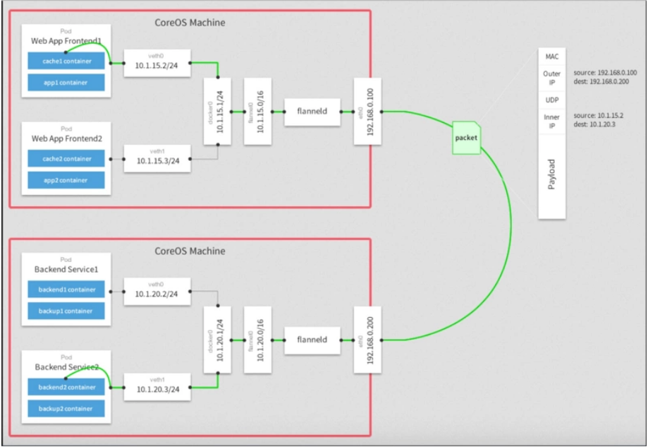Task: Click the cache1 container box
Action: coord(66,61)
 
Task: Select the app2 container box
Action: coord(66,180)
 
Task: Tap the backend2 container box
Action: coord(66,386)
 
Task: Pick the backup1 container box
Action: coord(66,311)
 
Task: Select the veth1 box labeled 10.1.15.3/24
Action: coord(157,158)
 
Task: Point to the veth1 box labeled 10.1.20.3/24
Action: coord(157,386)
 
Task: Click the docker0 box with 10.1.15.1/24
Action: coord(217,112)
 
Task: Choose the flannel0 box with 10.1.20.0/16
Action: coord(256,340)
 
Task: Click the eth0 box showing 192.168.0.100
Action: coord(369,112)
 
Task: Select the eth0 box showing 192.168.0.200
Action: coord(369,340)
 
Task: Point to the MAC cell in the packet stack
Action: coord(551,56)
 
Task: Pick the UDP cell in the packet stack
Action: coord(551,100)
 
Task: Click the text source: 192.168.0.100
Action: coord(604,72)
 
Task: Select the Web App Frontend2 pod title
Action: coord(66,139)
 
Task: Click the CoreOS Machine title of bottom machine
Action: coord(190,251)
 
